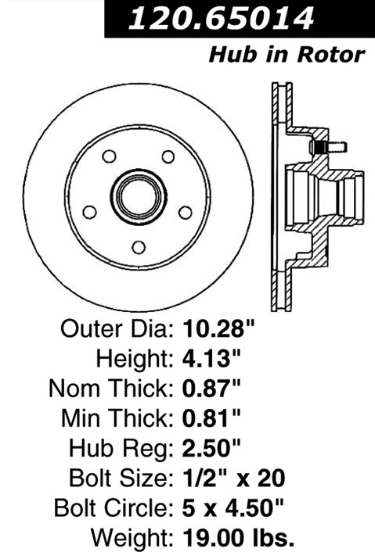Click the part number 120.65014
tap(221, 18)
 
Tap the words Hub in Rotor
tap(287, 55)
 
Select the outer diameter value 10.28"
tap(218, 328)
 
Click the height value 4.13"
tap(211, 358)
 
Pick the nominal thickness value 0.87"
tap(211, 389)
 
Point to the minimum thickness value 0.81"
tap(211, 418)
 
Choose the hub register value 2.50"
tap(211, 448)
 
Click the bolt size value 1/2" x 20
tap(233, 478)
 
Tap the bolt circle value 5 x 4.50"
tap(233, 508)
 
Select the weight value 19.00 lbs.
tap(238, 538)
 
